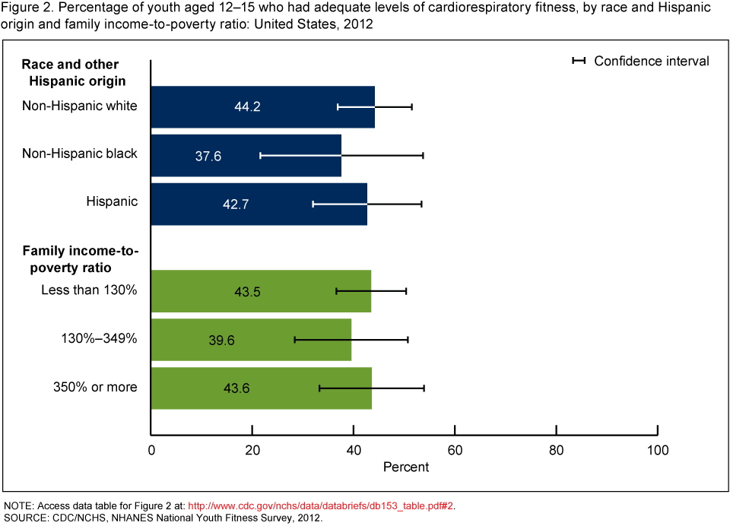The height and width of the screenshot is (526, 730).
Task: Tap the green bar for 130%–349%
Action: pyautogui.click(x=251, y=340)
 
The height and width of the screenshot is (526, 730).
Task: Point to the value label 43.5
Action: pyautogui.click(x=248, y=292)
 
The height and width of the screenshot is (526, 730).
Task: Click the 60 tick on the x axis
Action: pyautogui.click(x=455, y=450)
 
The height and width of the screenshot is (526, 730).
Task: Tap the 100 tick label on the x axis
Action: pyautogui.click(x=657, y=450)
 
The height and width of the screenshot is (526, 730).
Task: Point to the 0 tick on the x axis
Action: pyautogui.click(x=151, y=450)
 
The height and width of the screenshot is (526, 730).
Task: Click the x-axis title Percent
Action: pyautogui.click(x=406, y=467)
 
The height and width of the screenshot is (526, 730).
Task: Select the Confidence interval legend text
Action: pyautogui.click(x=651, y=61)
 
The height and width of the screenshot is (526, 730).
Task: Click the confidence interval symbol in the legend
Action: pyautogui.click(x=579, y=61)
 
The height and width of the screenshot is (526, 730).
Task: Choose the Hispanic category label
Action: pyautogui.click(x=112, y=201)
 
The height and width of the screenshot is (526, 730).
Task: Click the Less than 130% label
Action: pyautogui.click(x=89, y=290)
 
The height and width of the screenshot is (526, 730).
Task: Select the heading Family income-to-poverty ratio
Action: pyautogui.click(x=79, y=258)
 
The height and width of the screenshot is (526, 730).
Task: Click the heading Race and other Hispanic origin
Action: pyautogui.click(x=73, y=72)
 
